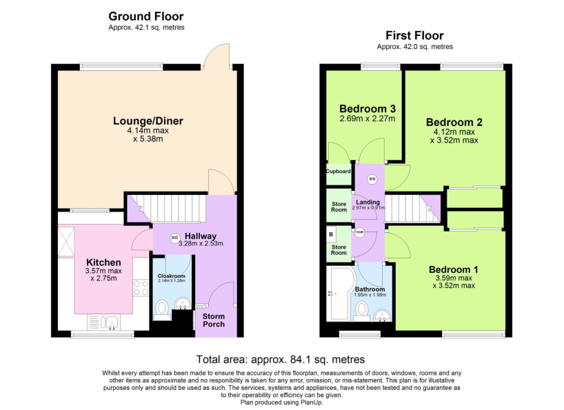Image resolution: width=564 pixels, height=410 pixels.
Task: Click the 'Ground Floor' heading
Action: pos(146,16)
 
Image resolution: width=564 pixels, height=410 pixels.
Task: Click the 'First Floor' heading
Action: pos(414,35)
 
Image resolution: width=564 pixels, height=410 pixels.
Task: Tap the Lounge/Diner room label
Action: pos(148,121)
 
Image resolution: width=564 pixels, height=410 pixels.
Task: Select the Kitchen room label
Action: pos(103,262)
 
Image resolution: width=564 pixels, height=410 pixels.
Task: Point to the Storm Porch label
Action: pos(214,320)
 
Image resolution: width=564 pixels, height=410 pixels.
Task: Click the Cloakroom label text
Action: pos(172,276)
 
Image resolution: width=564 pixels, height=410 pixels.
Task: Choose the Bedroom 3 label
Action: pos(367,108)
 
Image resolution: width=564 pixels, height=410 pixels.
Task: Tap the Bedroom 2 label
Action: pos(454,122)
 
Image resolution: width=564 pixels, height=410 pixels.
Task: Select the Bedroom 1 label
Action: pos(453,269)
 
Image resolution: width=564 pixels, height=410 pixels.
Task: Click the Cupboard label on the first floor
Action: pos(338,171)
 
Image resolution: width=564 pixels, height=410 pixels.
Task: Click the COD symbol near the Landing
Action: pos(360,233)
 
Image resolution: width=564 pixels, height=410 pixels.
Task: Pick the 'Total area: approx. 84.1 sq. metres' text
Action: pos(281,359)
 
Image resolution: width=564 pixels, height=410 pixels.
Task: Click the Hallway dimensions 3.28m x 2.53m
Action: pos(200,243)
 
